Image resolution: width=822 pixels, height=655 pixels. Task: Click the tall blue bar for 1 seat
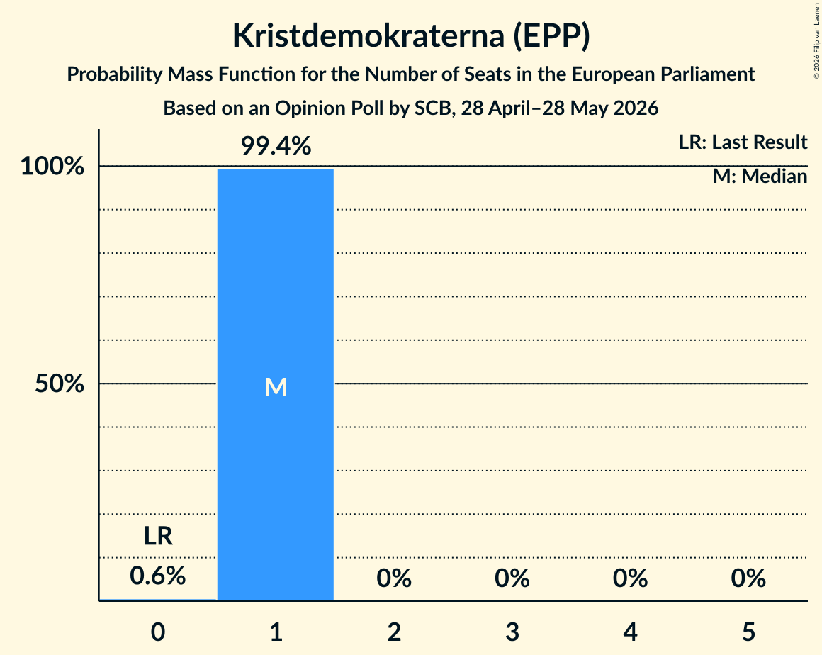[x=276, y=385]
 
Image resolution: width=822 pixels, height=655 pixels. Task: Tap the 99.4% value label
[x=276, y=146]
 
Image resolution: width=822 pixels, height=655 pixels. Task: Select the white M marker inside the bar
[x=276, y=388]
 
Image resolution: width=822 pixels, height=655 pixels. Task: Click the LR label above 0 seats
[x=158, y=536]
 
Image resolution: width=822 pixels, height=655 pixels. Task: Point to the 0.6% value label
[x=158, y=576]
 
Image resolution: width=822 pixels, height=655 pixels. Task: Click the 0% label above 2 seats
[x=394, y=578]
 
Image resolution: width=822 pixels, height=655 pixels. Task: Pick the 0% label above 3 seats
[x=512, y=578]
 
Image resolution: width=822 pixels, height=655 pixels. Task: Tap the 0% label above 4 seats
[x=630, y=578]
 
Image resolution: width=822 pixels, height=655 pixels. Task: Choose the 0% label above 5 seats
[x=748, y=578]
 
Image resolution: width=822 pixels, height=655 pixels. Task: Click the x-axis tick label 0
[x=158, y=632]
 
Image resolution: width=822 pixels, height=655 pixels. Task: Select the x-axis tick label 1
[x=276, y=632]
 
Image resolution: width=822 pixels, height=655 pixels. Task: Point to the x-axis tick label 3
[x=512, y=632]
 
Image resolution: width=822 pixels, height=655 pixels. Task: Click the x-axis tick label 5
[x=748, y=632]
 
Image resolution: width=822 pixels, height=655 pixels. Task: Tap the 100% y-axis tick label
[x=52, y=167]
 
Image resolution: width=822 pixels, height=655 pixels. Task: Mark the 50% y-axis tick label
[x=60, y=384]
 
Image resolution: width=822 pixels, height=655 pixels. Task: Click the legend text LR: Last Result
[x=743, y=142]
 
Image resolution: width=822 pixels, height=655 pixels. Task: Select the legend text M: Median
[x=760, y=177]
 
